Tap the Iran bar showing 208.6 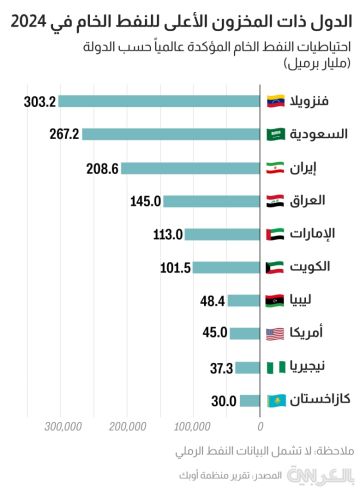click(x=190, y=168)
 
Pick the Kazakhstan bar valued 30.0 click(x=250, y=401)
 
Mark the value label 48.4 click(x=212, y=301)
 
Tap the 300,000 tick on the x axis click(x=62, y=427)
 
